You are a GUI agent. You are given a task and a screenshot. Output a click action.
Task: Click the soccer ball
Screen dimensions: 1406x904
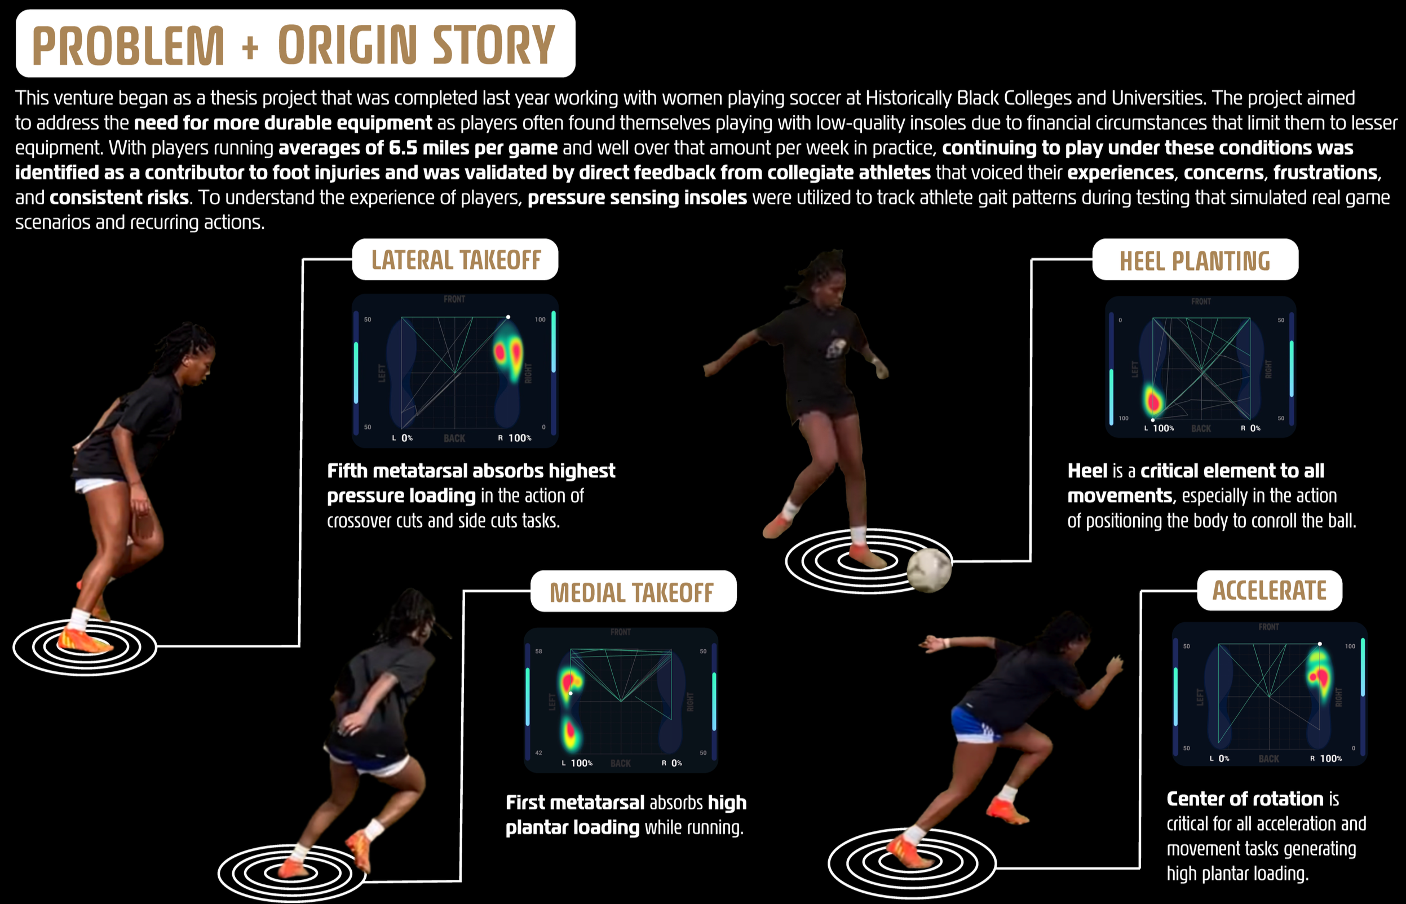[x=929, y=569]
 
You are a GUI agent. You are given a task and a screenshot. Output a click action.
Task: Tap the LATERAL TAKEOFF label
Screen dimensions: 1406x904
[x=456, y=260]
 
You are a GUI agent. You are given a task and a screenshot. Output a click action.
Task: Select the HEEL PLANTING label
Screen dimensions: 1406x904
[x=1195, y=260]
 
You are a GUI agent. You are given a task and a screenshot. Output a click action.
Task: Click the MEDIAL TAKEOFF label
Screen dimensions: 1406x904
[x=633, y=592]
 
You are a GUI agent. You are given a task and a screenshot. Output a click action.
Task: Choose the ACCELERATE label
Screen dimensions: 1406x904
[x=1269, y=591]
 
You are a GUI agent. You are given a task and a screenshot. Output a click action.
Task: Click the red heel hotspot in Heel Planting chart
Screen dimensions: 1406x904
[x=1153, y=402]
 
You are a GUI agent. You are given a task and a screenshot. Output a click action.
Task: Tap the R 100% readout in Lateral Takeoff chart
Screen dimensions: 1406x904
[x=515, y=438]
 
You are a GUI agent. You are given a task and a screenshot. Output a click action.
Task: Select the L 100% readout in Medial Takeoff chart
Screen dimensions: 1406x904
[x=578, y=763]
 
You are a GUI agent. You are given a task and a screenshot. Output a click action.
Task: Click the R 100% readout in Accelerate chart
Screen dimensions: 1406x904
[x=1326, y=759]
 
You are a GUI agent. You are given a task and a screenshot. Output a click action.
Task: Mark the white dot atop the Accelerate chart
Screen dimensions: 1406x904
[x=1320, y=644]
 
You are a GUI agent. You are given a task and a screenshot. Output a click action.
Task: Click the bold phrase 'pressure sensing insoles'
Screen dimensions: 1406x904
[x=637, y=198]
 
